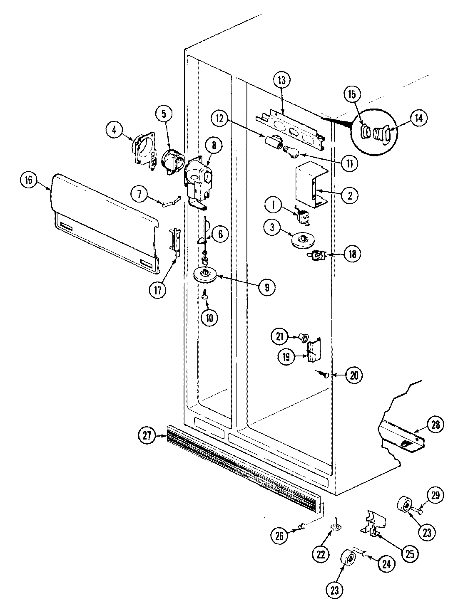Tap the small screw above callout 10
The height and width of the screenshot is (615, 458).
point(204,296)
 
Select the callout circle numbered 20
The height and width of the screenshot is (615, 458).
point(353,375)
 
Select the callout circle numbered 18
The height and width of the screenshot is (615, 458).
point(353,254)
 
